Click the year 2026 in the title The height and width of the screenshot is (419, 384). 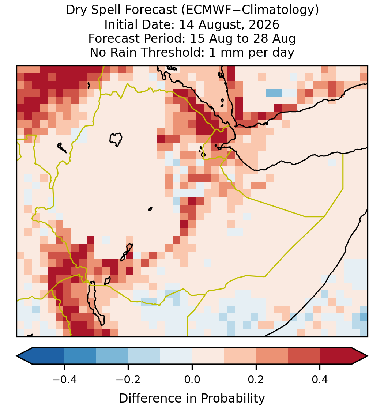(264, 25)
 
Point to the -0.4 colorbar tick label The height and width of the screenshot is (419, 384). (64, 379)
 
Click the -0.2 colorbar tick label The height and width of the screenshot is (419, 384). (128, 379)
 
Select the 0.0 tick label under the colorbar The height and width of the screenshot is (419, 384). (192, 379)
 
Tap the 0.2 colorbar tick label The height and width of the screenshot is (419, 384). (256, 379)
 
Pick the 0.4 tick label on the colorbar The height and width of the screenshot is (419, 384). (320, 379)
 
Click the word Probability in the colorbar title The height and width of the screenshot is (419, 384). (233, 399)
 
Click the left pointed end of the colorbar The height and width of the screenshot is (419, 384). (17, 356)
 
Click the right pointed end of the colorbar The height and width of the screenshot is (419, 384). (368, 356)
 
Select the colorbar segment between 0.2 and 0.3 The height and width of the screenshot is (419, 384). (272, 356)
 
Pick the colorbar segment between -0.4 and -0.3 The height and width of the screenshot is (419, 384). (80, 356)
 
